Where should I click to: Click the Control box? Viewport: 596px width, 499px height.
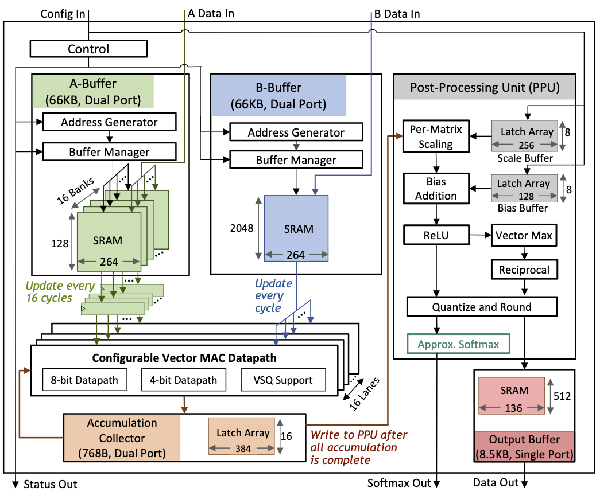[88, 49]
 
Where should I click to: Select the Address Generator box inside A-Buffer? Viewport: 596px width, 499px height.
[109, 122]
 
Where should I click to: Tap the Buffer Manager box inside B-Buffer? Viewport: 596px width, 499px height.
[296, 159]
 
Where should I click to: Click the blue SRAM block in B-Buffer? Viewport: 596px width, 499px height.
[296, 228]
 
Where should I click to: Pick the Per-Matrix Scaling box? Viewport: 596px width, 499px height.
[436, 136]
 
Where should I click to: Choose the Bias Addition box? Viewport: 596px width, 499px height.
[436, 189]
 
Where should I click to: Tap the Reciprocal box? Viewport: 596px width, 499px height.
[524, 270]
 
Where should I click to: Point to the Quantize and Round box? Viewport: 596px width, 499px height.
[482, 307]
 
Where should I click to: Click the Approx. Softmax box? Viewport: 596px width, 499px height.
[458, 345]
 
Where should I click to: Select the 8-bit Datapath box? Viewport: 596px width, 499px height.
[84, 380]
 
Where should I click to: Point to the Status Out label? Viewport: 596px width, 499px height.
[50, 485]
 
